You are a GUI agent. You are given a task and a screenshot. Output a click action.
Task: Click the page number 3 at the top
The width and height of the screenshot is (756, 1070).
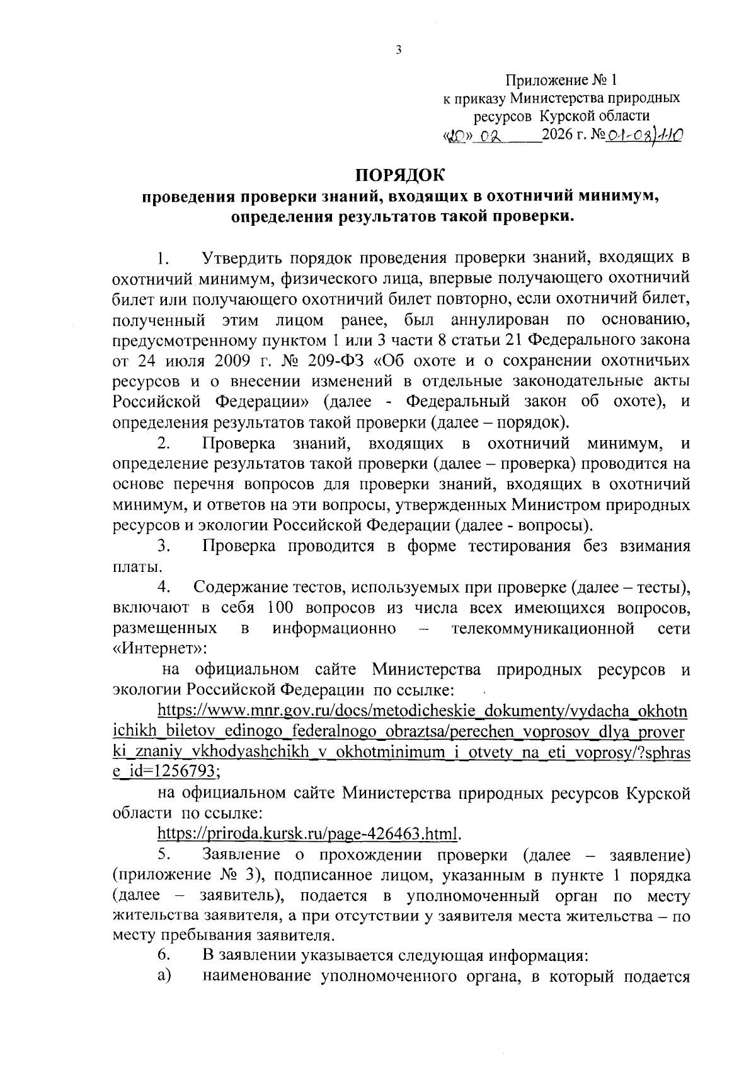click(x=398, y=51)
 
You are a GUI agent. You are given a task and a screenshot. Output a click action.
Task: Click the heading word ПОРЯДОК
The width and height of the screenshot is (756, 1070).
click(x=398, y=174)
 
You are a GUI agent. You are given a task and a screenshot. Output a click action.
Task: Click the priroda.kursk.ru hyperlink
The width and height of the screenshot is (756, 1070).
click(x=309, y=834)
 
